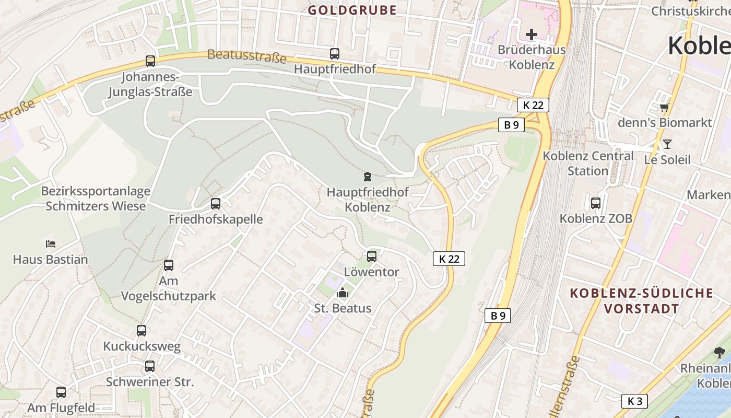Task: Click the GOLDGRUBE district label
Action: [352, 10]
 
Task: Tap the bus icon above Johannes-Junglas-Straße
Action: [150, 61]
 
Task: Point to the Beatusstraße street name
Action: [247, 55]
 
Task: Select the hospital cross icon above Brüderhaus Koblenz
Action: [532, 35]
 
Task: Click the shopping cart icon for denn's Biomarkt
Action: [664, 108]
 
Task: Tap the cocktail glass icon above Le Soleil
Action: [667, 144]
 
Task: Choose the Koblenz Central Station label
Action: [588, 163]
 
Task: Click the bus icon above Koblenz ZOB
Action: [596, 203]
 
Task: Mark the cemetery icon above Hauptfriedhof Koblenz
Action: [368, 177]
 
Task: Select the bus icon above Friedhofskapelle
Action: [216, 204]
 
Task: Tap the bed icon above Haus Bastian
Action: [51, 244]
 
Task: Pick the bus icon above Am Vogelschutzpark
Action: [169, 265]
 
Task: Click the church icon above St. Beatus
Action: [343, 293]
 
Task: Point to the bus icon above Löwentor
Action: [372, 257]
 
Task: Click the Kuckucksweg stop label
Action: [142, 346]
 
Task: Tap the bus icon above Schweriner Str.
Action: [150, 366]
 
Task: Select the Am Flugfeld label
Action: [61, 408]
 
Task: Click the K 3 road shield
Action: [634, 401]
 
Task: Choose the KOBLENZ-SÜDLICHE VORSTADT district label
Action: [641, 300]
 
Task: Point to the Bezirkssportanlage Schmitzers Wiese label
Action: [96, 199]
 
